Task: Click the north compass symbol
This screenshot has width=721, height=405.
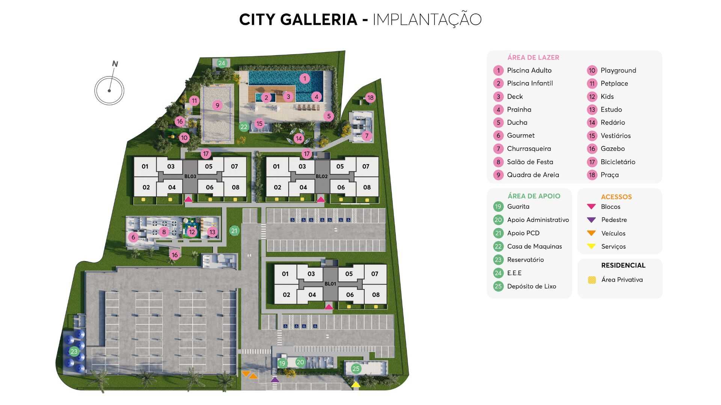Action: point(109,90)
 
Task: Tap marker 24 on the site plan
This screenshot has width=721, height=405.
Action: point(222,63)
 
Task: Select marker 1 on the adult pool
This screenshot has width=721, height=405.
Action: point(305,78)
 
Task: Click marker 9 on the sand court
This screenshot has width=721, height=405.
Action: point(217,105)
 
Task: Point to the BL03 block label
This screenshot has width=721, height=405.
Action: point(190,176)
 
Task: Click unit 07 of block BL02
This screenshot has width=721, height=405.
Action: point(365,166)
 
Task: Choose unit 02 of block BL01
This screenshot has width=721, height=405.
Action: point(286,295)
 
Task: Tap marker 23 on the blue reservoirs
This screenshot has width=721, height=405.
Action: point(74,351)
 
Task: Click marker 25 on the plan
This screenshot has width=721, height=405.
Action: point(356,369)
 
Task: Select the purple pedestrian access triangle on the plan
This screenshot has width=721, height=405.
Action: point(275,379)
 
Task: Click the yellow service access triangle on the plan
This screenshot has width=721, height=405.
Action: point(356,384)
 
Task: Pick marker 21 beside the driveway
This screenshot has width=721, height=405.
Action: point(234,231)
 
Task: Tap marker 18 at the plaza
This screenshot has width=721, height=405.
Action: point(370,97)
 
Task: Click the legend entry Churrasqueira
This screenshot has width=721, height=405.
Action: point(529,148)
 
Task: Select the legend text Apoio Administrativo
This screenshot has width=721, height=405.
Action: point(538,220)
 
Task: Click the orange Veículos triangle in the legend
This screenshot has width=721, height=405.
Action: point(591,233)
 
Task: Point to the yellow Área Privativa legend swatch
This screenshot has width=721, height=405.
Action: point(592,280)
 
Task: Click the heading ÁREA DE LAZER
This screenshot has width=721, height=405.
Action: point(533,57)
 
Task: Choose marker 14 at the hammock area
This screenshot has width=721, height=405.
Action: point(299,138)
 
